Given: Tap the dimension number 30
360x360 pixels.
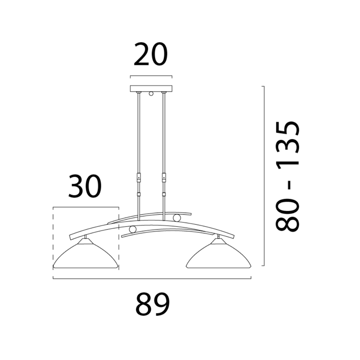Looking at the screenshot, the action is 85,186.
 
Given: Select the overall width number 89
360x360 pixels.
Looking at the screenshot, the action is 152,304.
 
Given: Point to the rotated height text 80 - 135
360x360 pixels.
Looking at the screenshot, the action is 288,176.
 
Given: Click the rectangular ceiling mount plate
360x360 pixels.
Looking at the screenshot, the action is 151,88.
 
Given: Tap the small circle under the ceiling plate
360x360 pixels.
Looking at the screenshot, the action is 151,93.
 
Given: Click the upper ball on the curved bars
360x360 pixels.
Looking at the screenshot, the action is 177,218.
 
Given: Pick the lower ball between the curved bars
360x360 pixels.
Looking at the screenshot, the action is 133,229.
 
